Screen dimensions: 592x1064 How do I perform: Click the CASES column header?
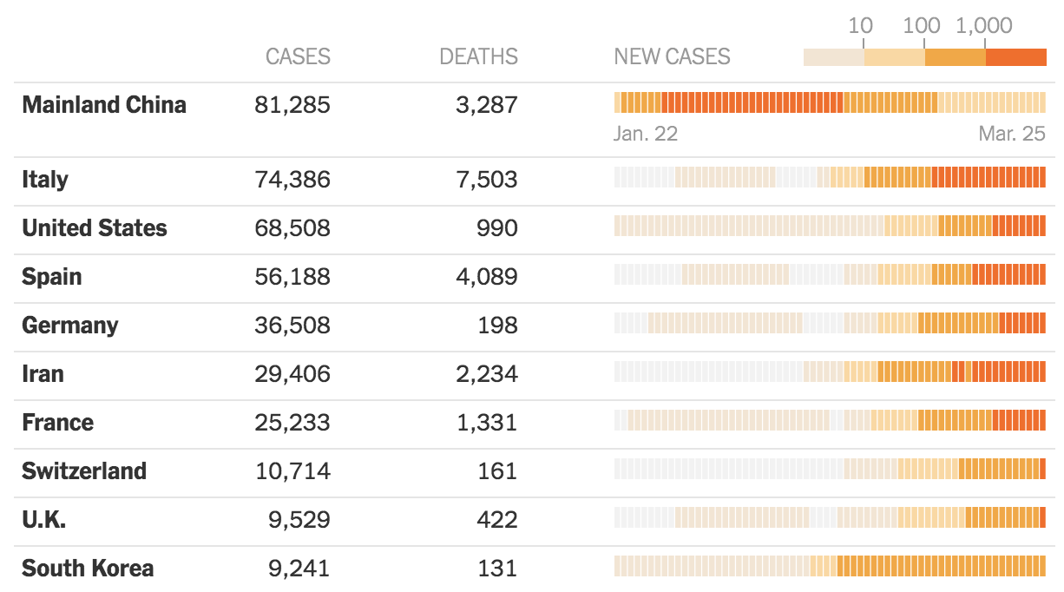298,57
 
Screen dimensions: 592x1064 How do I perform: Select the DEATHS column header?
478,57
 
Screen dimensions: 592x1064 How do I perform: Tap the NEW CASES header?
672,57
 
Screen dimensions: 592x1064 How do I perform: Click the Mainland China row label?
104,105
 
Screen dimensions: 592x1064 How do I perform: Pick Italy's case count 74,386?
292,180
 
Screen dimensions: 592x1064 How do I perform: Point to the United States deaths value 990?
497,228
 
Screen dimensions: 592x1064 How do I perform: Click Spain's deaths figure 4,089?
486,277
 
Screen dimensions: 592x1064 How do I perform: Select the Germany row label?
70,326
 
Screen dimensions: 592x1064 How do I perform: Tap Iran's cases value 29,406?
292,374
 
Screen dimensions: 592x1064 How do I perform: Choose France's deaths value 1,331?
486,423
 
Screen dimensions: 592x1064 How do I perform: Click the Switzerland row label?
84,471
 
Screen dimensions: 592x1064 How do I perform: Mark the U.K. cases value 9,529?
299,520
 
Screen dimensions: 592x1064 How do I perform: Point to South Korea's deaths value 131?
497,569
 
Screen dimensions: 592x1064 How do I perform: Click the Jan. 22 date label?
645,135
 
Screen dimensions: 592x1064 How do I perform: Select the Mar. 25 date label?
1012,135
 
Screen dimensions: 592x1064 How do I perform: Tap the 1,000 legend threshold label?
984,26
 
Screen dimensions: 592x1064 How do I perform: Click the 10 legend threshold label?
860,26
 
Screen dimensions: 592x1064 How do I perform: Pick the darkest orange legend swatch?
1016,57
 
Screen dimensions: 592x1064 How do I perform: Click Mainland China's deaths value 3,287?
486,105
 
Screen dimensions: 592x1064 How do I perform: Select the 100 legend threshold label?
922,26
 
